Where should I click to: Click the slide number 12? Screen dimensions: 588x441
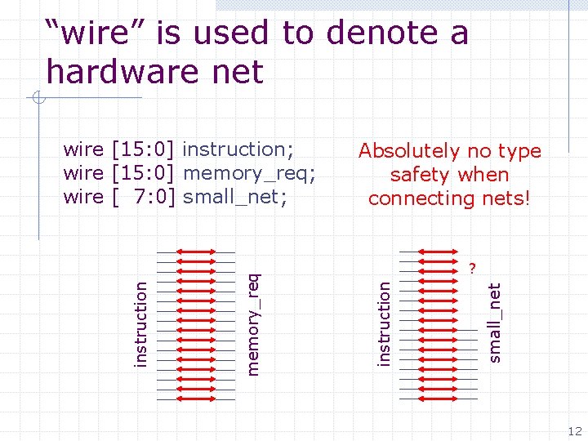pyautogui.click(x=575, y=431)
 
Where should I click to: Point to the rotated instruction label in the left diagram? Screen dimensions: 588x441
pyautogui.click(x=141, y=324)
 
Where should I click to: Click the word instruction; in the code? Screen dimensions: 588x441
pyautogui.click(x=238, y=149)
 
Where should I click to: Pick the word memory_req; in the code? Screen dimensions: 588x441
pyautogui.click(x=250, y=173)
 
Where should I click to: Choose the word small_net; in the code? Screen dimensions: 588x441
pyautogui.click(x=235, y=197)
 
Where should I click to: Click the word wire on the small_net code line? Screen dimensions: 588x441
pyautogui.click(x=83, y=197)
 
